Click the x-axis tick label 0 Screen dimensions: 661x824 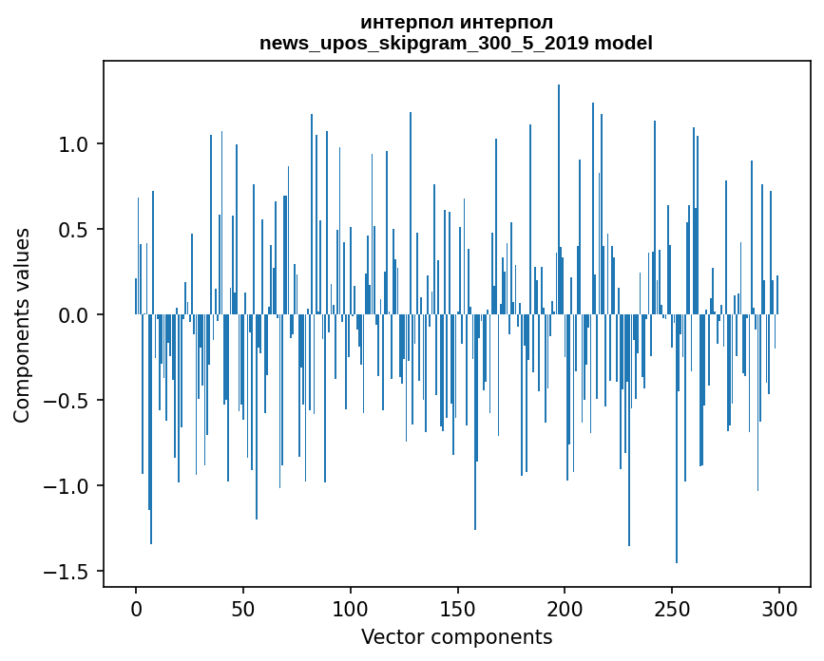pos(136,608)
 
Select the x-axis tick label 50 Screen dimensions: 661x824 pos(243,608)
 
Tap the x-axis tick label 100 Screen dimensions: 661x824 pos(351,608)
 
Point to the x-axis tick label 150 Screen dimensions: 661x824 pos(458,608)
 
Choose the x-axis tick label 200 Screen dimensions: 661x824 pos(565,608)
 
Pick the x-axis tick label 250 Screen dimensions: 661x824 pos(673,608)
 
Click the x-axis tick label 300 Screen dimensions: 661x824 pos(780,608)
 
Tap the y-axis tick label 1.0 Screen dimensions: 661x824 pos(73,144)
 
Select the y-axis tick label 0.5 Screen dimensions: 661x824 pos(73,230)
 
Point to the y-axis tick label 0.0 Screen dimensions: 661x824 pos(73,315)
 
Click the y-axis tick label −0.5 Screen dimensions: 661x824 pos(67,401)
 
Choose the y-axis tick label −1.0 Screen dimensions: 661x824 pos(67,486)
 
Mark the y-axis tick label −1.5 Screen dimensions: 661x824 pos(67,572)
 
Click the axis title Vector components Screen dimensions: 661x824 pos(456,636)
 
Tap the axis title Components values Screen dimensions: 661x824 pos(22,325)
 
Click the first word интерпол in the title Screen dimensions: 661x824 pos(406,22)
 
